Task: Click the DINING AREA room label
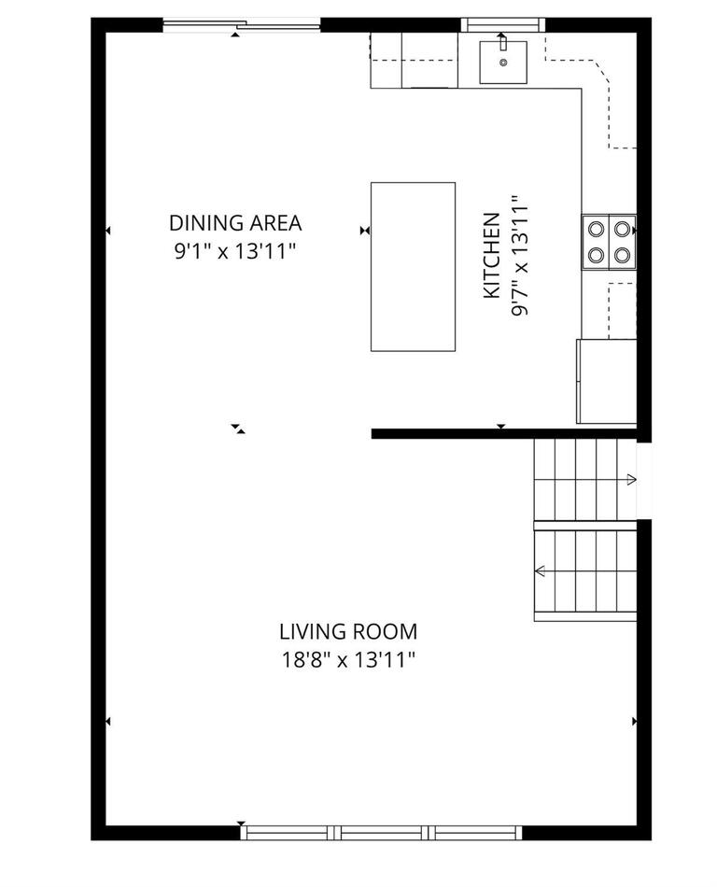235,223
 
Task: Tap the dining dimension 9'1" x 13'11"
235,250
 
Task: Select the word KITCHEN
491,257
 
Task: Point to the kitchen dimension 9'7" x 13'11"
520,257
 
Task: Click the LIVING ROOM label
348,632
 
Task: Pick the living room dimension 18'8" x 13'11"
348,660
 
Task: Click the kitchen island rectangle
413,266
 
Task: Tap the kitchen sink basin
503,62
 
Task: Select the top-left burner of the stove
596,228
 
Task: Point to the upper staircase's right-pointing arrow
631,480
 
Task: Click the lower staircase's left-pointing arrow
540,571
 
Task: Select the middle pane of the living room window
383,832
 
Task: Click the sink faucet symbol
502,42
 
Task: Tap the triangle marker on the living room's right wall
635,721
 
